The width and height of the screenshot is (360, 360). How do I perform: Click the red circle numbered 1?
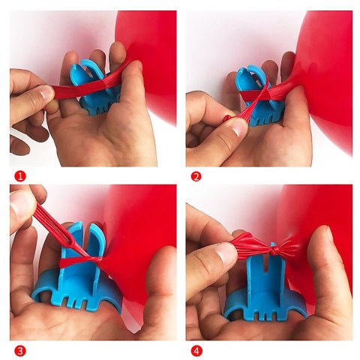pyautogui.click(x=20, y=176)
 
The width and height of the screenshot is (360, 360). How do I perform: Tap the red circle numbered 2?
pyautogui.click(x=196, y=176)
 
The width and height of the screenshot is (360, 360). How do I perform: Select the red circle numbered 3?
pyautogui.click(x=20, y=350)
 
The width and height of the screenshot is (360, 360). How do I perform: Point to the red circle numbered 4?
pyautogui.click(x=196, y=350)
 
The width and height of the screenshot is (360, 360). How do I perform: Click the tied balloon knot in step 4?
pyautogui.click(x=272, y=248)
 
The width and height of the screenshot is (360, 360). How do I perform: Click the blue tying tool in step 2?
pyautogui.click(x=260, y=96)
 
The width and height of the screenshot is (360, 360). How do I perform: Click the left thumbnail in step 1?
pyautogui.click(x=45, y=92)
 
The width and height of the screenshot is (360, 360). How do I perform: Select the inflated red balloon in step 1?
pyautogui.click(x=148, y=62)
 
